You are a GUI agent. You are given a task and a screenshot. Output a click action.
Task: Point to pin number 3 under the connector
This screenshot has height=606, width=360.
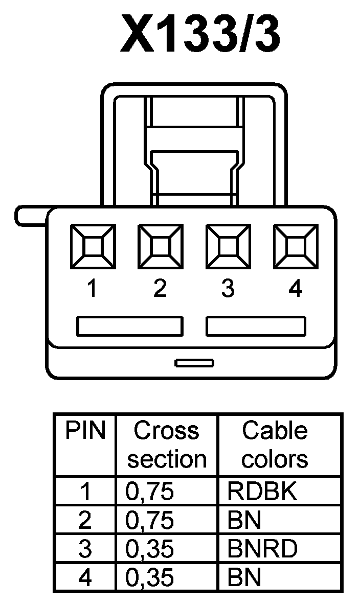coord(228,290)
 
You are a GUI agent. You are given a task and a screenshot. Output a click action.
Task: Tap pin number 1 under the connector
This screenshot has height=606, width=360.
coord(92,290)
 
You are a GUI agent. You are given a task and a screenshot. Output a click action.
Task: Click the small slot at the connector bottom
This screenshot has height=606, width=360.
coord(194,363)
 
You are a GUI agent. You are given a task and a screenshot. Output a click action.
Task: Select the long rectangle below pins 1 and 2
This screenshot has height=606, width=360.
coord(129,326)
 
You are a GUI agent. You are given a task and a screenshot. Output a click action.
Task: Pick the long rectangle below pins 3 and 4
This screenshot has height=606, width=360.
coord(256,326)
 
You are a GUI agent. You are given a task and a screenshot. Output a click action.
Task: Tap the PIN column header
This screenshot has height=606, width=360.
coord(85,432)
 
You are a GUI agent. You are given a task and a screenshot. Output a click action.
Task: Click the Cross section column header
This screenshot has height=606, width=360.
coord(167,445)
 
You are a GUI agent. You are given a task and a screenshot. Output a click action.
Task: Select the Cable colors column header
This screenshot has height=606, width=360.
coord(275,445)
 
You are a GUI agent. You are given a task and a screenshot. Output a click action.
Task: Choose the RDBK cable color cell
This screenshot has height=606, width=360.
coord(262,492)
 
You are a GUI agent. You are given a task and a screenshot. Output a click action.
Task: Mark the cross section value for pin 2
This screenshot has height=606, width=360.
coord(150,521)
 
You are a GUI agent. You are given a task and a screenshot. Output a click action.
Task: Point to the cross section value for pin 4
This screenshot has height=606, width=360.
coord(150,578)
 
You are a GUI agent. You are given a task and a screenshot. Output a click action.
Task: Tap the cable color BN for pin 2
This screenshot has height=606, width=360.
coord(244,521)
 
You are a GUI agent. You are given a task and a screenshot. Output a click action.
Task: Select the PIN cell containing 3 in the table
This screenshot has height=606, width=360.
coord(85,550)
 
